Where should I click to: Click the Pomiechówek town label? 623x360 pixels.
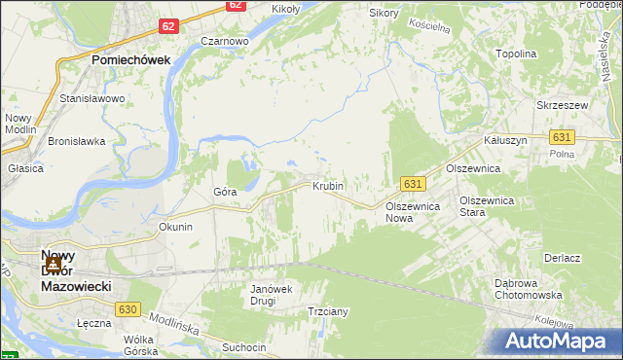[131, 59]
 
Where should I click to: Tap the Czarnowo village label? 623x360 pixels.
[225, 42]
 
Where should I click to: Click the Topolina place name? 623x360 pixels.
[517, 54]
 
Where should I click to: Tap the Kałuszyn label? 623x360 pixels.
[506, 140]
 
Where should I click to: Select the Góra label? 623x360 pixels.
[225, 192]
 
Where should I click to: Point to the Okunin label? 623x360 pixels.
[176, 227]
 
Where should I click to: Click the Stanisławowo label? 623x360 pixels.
[92, 99]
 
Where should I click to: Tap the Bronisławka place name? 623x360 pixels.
[76, 141]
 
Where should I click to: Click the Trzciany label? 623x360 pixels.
[328, 311]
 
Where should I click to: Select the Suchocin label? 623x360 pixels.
[244, 346]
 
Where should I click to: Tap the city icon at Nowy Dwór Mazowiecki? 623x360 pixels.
[55, 263]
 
